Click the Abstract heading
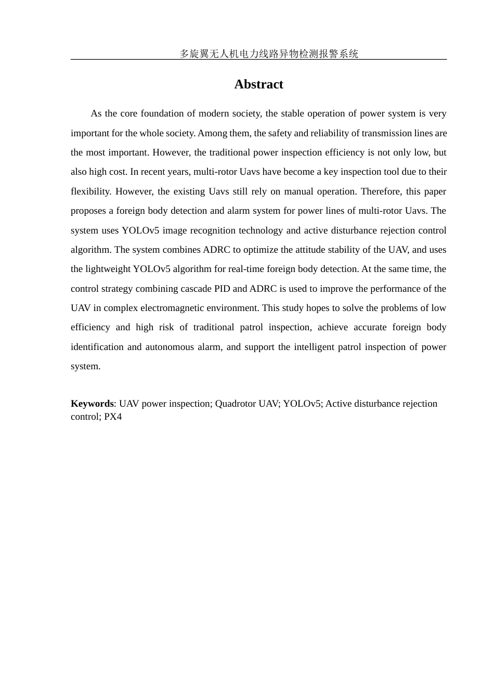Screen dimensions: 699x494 click(258, 84)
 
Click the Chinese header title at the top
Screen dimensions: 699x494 click(269, 54)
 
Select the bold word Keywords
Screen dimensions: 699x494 click(92, 404)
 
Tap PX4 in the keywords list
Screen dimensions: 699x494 click(113, 417)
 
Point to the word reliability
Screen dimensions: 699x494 click(330, 133)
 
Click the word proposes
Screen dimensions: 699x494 click(88, 211)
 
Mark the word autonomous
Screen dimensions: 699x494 click(170, 347)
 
